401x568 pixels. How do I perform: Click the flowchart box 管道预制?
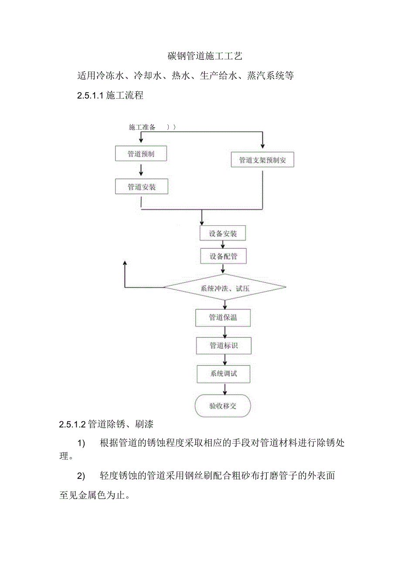141,154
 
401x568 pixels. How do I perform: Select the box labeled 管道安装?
141,187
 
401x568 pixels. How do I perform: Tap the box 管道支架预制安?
262,160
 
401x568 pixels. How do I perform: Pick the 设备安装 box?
223,234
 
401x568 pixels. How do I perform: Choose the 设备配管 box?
223,256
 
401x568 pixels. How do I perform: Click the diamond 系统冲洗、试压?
225,288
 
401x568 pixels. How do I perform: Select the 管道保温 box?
223,317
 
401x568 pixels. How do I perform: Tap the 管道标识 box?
224,346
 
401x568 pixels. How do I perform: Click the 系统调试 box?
224,374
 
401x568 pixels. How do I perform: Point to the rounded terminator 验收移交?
223,406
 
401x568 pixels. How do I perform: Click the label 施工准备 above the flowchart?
142,127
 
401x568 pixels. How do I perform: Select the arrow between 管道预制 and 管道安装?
141,170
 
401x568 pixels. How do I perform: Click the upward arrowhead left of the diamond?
125,263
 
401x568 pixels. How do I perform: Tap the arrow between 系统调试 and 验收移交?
225,389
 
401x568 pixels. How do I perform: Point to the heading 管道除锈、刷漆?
120,423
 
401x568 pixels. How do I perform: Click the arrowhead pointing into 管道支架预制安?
262,146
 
